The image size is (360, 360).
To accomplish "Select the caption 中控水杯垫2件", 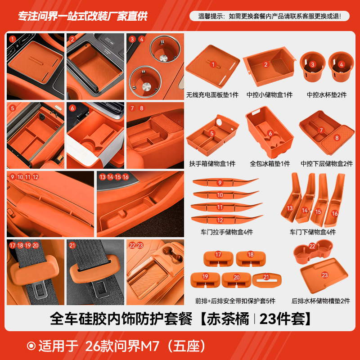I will [327, 95].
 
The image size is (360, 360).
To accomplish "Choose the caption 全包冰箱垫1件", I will [270, 164].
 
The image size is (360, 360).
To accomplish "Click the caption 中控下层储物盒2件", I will [327, 164].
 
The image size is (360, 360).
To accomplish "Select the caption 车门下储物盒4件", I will [312, 233].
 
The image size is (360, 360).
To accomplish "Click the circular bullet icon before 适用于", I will [31, 346].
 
